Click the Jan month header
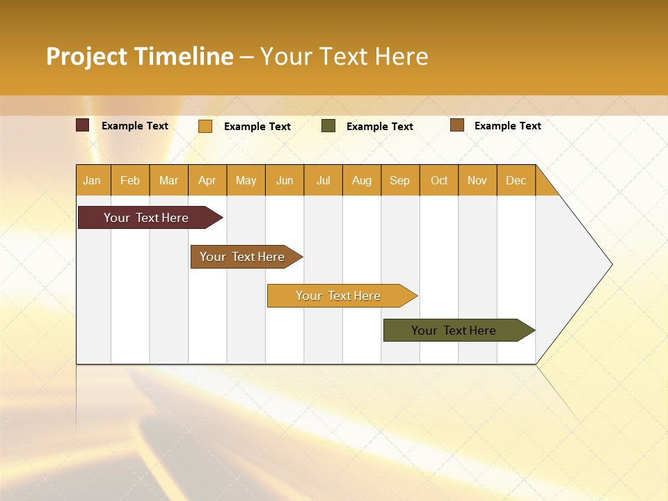click(x=92, y=180)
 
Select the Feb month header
click(x=130, y=180)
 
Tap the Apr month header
click(x=207, y=180)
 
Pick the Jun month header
click(x=285, y=180)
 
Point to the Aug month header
click(x=361, y=180)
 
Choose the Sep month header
click(x=399, y=180)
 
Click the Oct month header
click(x=439, y=180)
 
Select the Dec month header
click(x=516, y=180)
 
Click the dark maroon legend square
click(x=83, y=125)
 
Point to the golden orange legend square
click(x=205, y=126)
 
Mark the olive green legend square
click(x=328, y=126)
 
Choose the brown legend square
click(x=456, y=125)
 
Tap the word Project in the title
click(x=86, y=56)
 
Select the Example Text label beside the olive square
click(x=379, y=127)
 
